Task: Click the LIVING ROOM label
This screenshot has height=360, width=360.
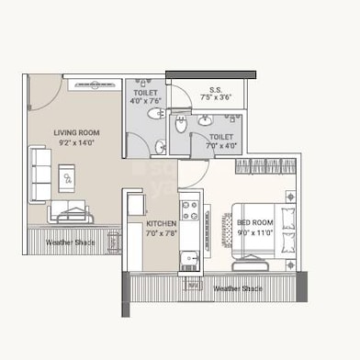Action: (x=76, y=132)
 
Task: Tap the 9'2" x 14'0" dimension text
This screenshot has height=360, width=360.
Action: (x=76, y=143)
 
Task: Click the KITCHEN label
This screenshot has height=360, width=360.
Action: (x=161, y=223)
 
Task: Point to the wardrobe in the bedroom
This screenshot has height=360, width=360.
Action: (x=266, y=166)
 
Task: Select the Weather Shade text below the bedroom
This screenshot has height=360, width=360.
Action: (x=238, y=288)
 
